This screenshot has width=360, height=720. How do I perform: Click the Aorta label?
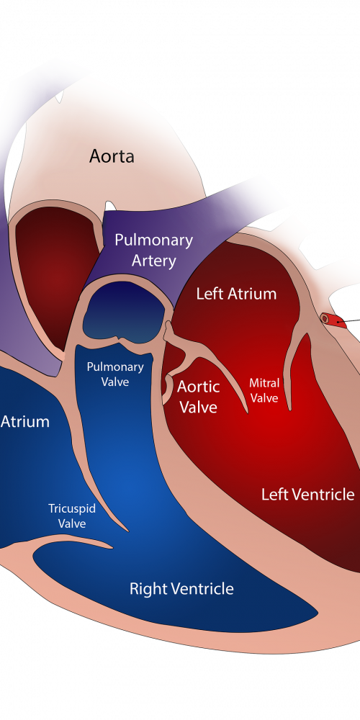coord(112,156)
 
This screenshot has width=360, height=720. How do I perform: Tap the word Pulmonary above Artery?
coord(153,240)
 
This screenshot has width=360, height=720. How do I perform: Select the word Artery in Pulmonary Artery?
coord(153,261)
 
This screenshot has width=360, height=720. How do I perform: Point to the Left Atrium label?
coord(236,294)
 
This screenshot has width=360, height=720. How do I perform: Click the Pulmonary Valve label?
coord(114,374)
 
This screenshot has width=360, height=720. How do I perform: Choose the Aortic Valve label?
coord(199,396)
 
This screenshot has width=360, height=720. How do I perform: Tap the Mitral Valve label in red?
coord(264,390)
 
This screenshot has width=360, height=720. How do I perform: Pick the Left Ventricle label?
coord(307,494)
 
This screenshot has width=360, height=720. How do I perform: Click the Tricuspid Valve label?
coord(72,516)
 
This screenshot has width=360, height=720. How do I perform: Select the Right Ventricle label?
coord(181,588)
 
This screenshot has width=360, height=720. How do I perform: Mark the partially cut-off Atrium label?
coord(24,421)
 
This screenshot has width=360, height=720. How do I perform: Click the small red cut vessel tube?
coord(333,320)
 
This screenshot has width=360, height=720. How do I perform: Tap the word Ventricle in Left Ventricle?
coord(323,494)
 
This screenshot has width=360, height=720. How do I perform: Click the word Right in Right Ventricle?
coord(146,589)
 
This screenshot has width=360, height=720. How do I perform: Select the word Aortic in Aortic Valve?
coord(199,387)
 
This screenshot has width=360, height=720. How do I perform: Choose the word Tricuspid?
coord(72,509)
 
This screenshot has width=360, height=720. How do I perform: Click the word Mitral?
coord(264,383)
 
